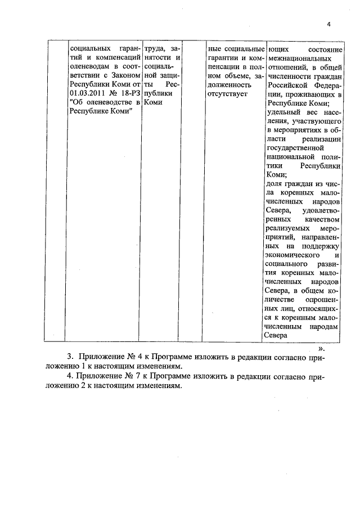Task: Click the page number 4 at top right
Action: point(329,24)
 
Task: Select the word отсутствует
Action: point(227,93)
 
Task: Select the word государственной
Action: point(293,147)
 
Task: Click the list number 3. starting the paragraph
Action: point(70,357)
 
